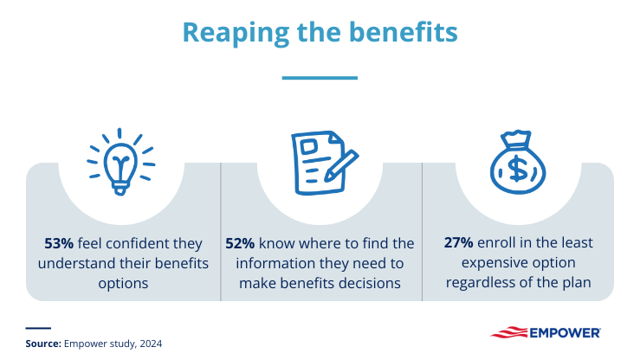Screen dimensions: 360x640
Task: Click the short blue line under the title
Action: pos(320,77)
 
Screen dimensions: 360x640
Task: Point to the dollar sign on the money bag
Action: pos(519,169)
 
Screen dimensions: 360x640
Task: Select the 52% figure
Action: pos(240,244)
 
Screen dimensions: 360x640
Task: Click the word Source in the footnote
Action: pos(42,344)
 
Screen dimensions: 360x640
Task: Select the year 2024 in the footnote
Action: pos(150,344)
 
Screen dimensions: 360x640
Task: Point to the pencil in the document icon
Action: pos(336,168)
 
